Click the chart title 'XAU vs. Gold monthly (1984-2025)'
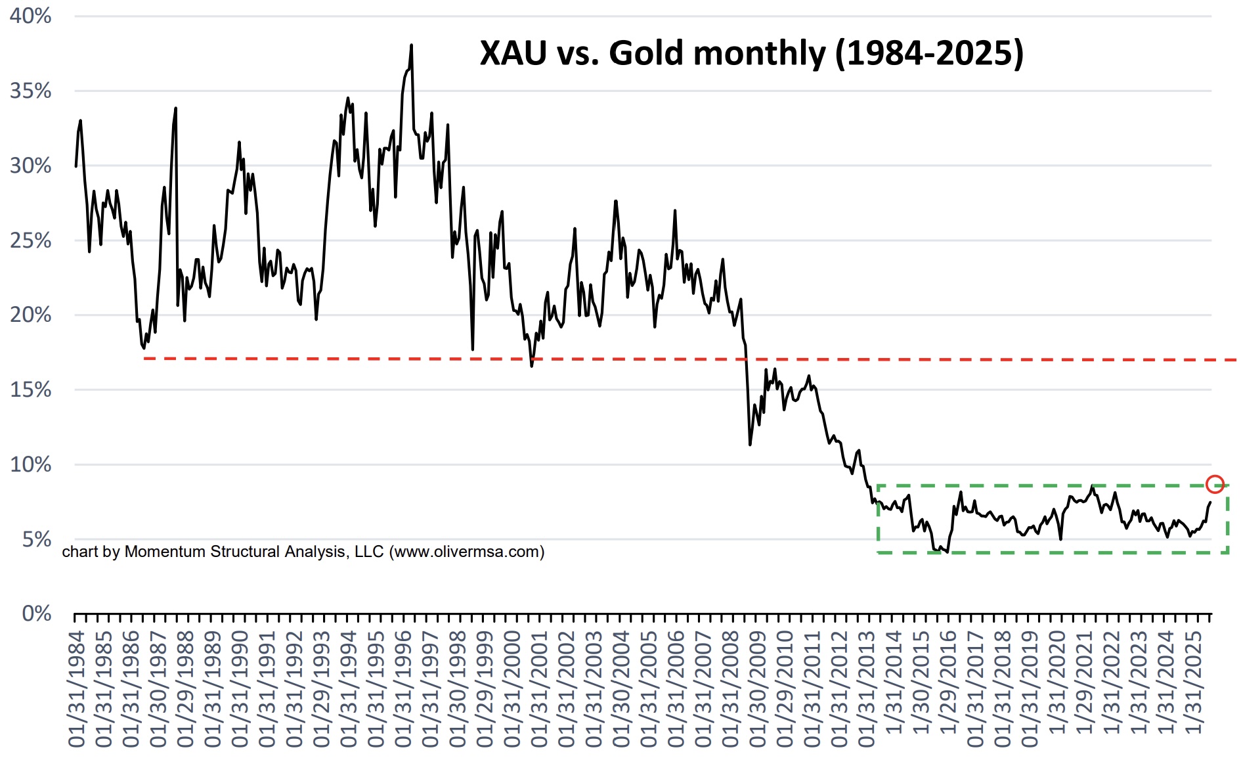[751, 53]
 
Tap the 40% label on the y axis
[30, 16]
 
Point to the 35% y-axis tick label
[30, 91]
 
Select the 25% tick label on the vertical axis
[30, 240]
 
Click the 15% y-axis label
[30, 390]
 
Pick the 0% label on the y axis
[37, 613]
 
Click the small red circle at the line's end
[1215, 484]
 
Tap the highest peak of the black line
[411, 46]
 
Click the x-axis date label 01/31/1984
[77, 689]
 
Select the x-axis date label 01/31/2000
[512, 689]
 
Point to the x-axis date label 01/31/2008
[730, 689]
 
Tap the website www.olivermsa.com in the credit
[468, 552]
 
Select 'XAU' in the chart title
[513, 53]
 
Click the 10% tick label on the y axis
[30, 464]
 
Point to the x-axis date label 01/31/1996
[403, 689]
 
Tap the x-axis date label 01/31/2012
[839, 689]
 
